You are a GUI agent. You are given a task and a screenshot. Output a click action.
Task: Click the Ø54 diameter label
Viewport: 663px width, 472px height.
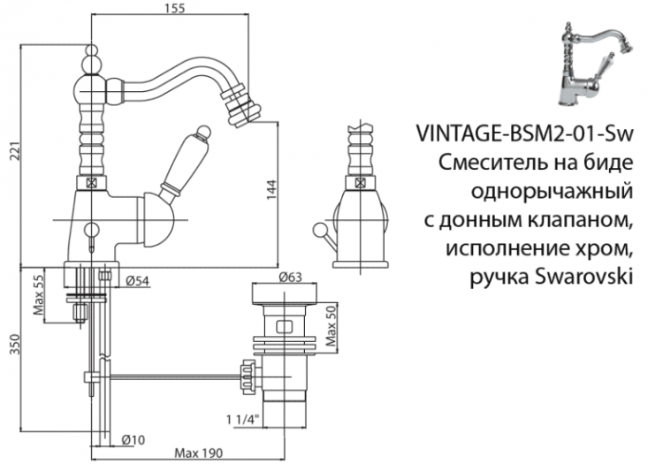pos(136,281)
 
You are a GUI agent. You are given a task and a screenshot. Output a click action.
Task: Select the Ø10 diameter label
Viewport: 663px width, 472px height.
pos(133,438)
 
